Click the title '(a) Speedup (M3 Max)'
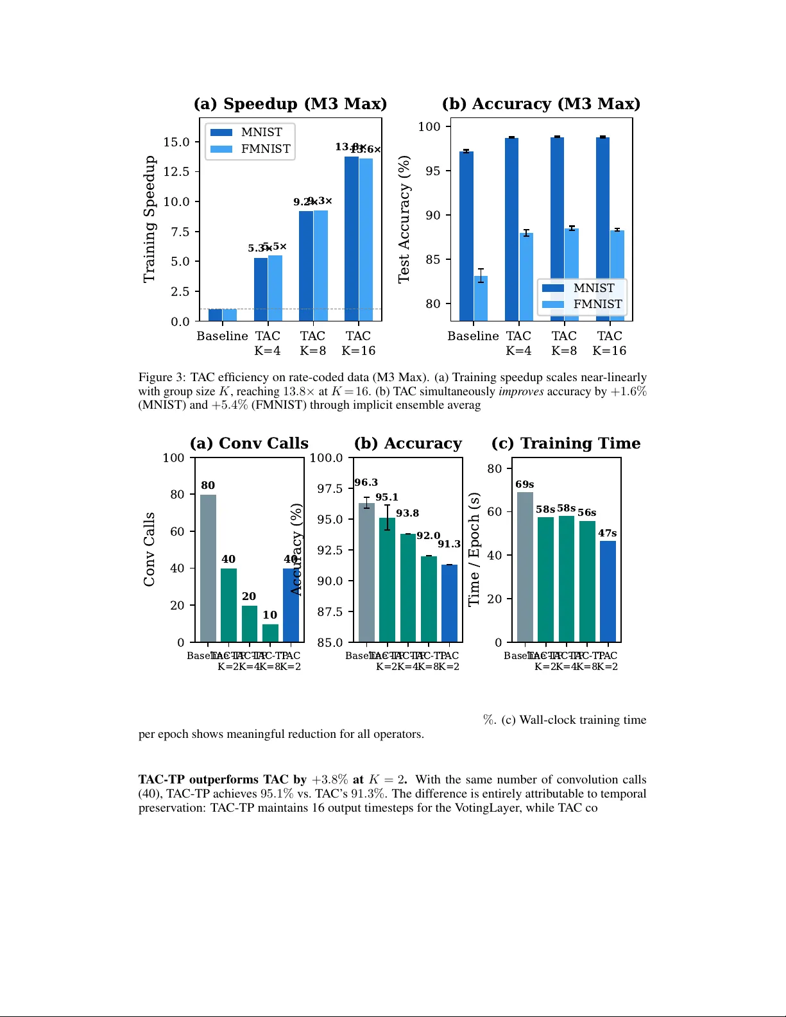(x=290, y=104)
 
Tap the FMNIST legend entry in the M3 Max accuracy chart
(x=583, y=304)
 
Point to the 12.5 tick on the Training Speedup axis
(x=176, y=171)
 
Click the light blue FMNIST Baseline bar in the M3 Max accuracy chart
(x=481, y=298)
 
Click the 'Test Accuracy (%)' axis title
(x=404, y=219)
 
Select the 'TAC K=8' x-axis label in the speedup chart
(x=312, y=343)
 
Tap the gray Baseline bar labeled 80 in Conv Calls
(x=208, y=568)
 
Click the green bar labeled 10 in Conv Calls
(x=270, y=633)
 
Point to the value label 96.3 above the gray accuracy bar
(x=366, y=483)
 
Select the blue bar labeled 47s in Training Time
(x=608, y=591)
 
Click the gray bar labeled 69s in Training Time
(x=525, y=567)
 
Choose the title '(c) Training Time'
(x=566, y=443)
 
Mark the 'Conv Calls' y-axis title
(x=149, y=549)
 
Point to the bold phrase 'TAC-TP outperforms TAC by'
(x=223, y=780)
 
